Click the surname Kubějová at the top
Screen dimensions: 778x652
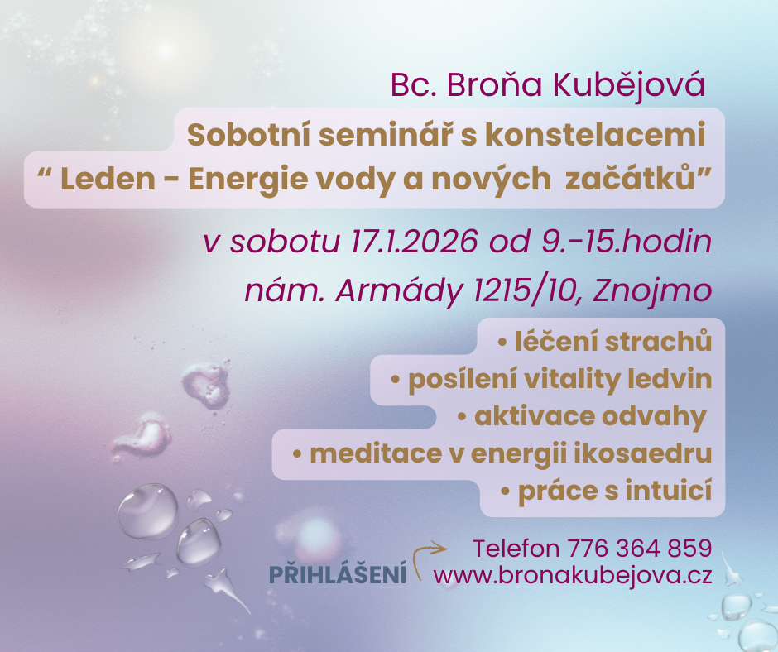629,84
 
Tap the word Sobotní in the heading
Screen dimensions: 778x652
248,135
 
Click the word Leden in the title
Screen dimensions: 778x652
108,179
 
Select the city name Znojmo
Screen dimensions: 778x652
652,290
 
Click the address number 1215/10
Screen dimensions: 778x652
526,290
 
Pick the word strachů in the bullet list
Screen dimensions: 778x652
659,342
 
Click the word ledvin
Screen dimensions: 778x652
670,379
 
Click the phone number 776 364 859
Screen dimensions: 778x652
639,549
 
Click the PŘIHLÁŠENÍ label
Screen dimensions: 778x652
338,574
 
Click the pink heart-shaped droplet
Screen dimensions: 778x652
205,385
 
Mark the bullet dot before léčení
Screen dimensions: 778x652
502,343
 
